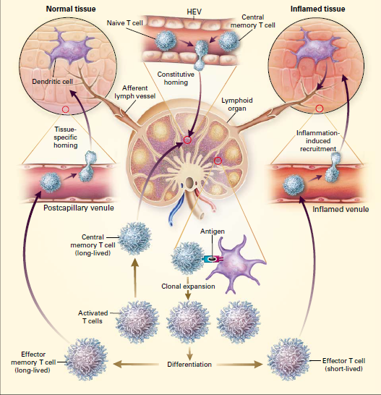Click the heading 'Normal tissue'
(72, 9)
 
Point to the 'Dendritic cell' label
(51, 82)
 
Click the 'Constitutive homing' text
(176, 77)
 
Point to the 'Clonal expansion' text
(189, 286)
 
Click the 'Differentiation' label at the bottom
(189, 364)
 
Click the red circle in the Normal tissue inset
(66, 109)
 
